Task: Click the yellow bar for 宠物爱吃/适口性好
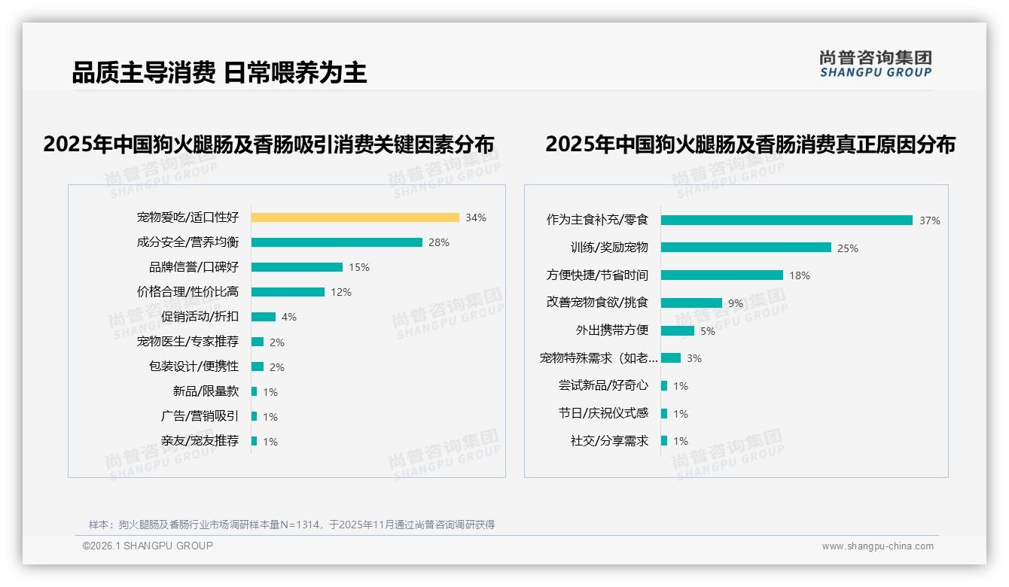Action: click(x=355, y=217)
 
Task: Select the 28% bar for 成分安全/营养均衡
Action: click(x=337, y=242)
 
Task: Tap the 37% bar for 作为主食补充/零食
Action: click(x=787, y=221)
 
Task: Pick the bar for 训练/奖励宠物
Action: click(x=746, y=248)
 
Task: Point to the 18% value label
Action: click(x=800, y=276)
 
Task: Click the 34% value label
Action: click(x=476, y=218)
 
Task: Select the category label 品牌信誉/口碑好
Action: click(x=194, y=267)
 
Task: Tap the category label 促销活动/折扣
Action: click(x=200, y=317)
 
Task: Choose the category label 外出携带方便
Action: click(x=611, y=330)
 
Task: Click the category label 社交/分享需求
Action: click(x=609, y=441)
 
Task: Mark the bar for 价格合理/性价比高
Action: click(x=288, y=292)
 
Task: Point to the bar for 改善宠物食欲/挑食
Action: click(x=691, y=303)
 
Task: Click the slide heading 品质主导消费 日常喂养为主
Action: click(x=219, y=73)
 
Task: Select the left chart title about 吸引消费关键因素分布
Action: click(x=269, y=144)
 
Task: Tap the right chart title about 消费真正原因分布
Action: click(x=750, y=144)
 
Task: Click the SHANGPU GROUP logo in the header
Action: click(x=876, y=64)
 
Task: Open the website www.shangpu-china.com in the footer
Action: click(x=877, y=546)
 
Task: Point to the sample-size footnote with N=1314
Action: click(x=291, y=525)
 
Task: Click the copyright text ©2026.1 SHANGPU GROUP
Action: click(x=148, y=546)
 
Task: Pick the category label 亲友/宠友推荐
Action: click(x=200, y=441)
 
